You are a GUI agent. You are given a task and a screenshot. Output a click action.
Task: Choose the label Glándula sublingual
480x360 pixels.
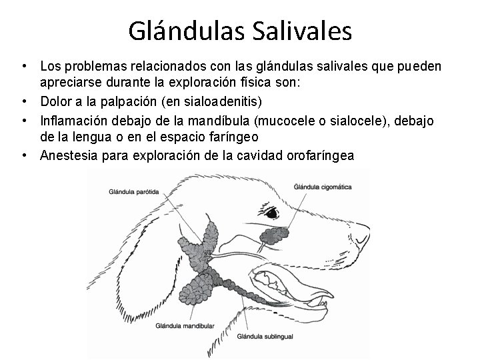tap(265, 339)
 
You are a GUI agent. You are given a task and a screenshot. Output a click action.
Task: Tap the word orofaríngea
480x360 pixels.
tap(319, 155)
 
